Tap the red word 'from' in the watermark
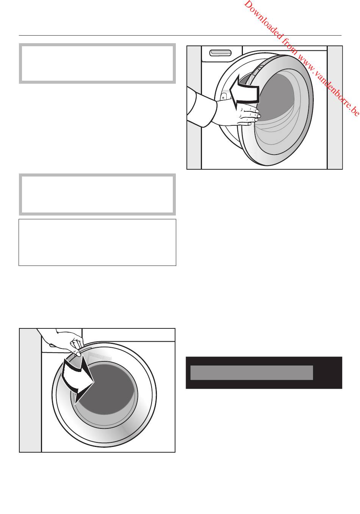290,47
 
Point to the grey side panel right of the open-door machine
335,108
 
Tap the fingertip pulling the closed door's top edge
78,355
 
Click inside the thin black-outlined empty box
97,242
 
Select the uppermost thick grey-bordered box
97,63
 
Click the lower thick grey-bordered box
97,195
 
